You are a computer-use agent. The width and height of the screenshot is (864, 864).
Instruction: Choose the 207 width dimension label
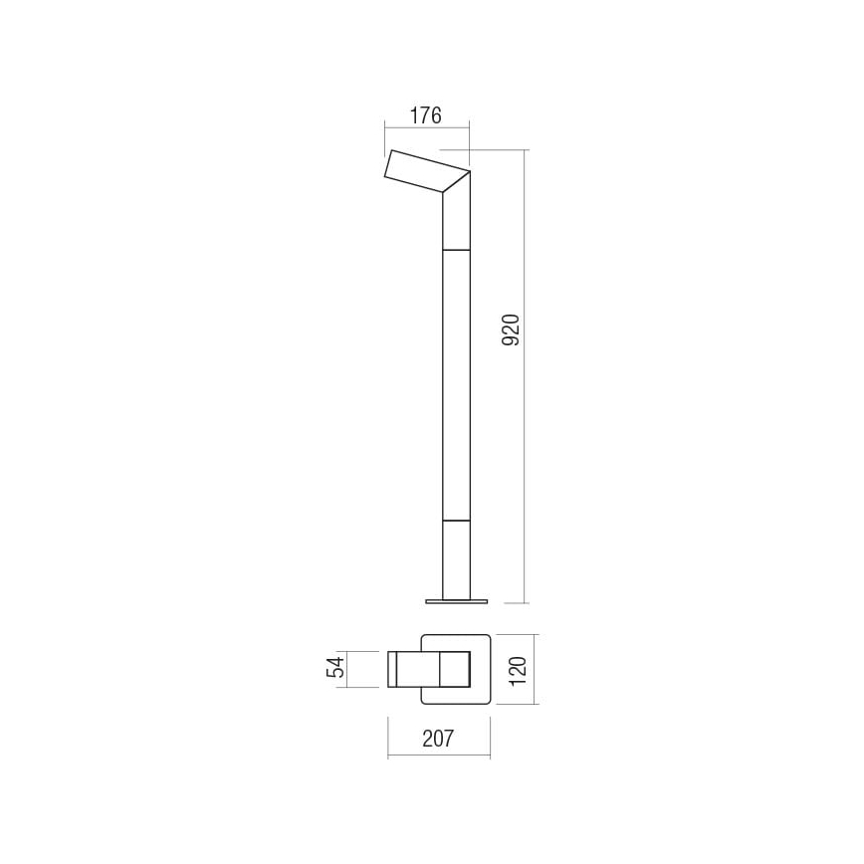point(438,739)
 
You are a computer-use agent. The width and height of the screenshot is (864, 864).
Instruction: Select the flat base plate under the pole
point(457,600)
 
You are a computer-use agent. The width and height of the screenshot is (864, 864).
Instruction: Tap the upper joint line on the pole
point(456,249)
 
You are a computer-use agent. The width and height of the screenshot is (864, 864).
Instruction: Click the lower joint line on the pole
point(456,520)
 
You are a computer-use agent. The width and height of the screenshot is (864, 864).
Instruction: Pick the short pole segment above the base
point(456,558)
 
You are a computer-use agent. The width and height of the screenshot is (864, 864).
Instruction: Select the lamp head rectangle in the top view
point(428,668)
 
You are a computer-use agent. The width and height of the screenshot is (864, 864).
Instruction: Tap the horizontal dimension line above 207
point(438,756)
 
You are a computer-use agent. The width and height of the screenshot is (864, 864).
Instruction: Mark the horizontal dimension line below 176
point(426,127)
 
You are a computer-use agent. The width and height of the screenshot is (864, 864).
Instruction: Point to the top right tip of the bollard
point(469,170)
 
